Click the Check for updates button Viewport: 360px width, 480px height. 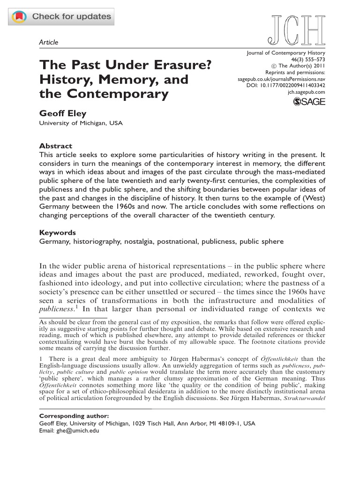click(61, 17)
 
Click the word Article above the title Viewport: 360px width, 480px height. click(49, 42)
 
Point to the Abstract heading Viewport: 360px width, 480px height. click(55, 146)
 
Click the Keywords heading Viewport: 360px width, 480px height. click(57, 232)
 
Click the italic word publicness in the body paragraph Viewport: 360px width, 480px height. click(60, 310)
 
